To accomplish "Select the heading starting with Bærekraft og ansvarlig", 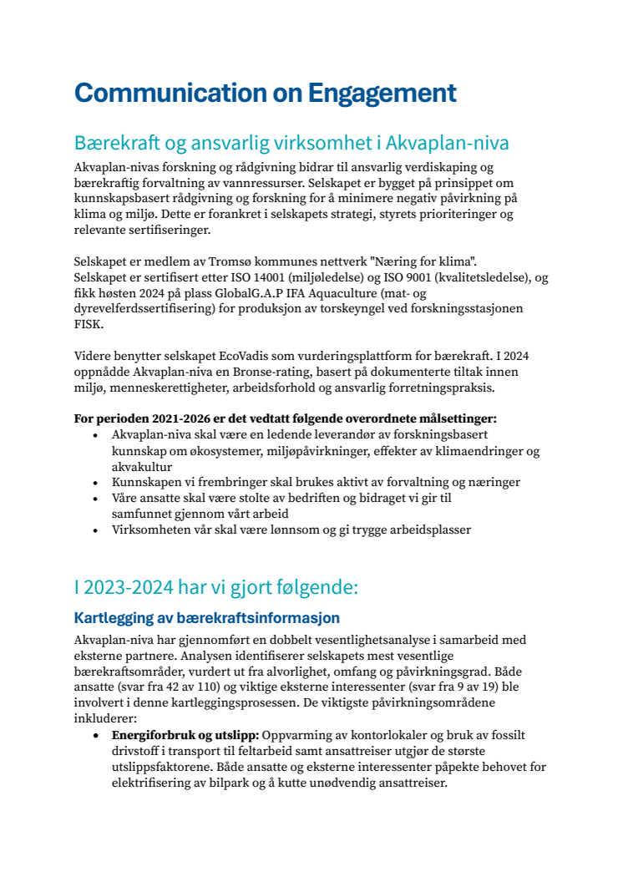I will pos(291,141).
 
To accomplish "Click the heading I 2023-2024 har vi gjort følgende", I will pos(215,587).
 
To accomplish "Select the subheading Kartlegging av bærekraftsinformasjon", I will pos(207,619).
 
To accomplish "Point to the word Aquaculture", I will pos(379,293).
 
